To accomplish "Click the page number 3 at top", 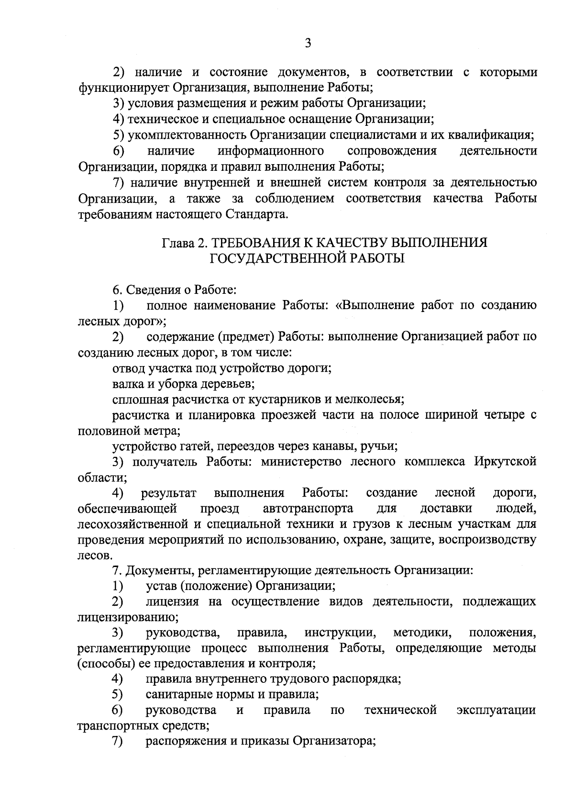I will point(308,44).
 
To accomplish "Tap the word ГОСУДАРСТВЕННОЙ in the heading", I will point(279,258).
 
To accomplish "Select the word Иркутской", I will point(505,462).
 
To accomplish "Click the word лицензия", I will point(172,601).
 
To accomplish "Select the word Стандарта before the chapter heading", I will point(256,214).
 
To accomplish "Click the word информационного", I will point(271,151).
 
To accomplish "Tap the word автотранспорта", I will point(308,508).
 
